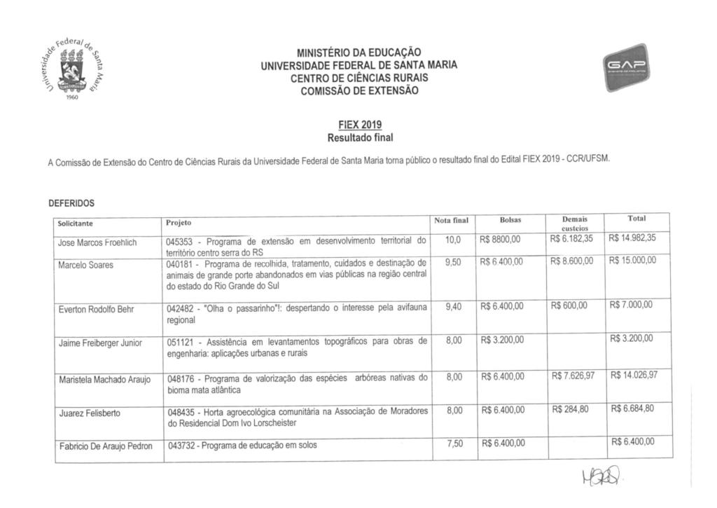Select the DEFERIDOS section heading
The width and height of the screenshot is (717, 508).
pos(71,203)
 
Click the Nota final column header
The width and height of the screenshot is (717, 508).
pos(451,220)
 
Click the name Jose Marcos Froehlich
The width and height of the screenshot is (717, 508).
pos(97,242)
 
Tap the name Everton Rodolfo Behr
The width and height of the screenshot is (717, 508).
pos(97,309)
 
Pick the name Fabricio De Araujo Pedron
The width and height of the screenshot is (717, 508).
pos(105,446)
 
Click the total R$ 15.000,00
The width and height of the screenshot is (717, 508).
pos(632,260)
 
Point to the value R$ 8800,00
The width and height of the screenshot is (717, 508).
pos(500,240)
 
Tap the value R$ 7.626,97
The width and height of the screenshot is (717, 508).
pos(573,376)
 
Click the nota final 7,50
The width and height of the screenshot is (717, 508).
pos(453,443)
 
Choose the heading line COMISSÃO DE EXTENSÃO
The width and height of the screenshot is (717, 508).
pos(358,91)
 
